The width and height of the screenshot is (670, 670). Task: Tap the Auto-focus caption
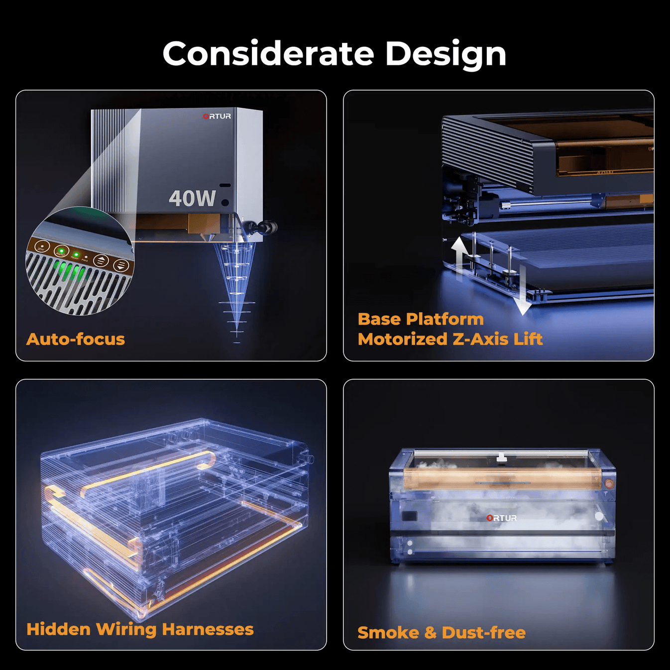[76, 339]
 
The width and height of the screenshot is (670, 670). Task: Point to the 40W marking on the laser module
[192, 198]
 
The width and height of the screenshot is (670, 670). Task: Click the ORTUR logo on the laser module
[217, 116]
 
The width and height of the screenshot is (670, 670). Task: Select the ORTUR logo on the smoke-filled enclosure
[501, 518]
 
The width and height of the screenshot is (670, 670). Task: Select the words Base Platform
[421, 319]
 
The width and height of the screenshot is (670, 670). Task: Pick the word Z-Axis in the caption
[480, 339]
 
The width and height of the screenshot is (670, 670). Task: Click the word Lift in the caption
[528, 339]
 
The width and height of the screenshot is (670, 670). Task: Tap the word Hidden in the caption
[58, 629]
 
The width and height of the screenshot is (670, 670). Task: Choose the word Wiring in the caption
[126, 630]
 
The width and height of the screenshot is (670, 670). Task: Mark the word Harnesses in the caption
[208, 629]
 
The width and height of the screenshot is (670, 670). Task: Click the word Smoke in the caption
[388, 633]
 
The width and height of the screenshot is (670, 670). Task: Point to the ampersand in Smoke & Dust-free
[431, 633]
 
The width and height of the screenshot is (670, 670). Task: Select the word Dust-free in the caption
[484, 633]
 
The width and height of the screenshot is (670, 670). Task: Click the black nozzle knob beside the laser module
[267, 228]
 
